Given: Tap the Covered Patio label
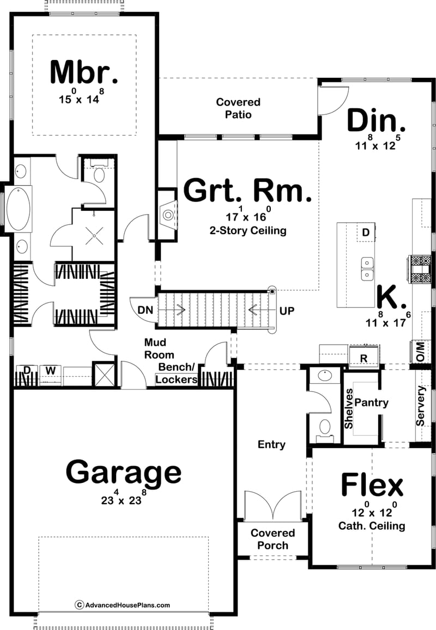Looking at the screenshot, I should pyautogui.click(x=238, y=108).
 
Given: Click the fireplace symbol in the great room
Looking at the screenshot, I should pyautogui.click(x=168, y=214).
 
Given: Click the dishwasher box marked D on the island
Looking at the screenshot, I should pyautogui.click(x=365, y=233).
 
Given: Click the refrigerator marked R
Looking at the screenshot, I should pyautogui.click(x=364, y=358).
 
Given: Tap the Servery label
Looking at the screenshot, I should pyautogui.click(x=420, y=406).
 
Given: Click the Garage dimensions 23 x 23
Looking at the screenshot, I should pyautogui.click(x=124, y=499).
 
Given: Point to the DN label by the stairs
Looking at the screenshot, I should pyautogui.click(x=144, y=310).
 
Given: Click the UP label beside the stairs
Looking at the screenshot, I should pyautogui.click(x=287, y=310).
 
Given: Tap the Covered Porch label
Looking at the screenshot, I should pyautogui.click(x=272, y=539).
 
